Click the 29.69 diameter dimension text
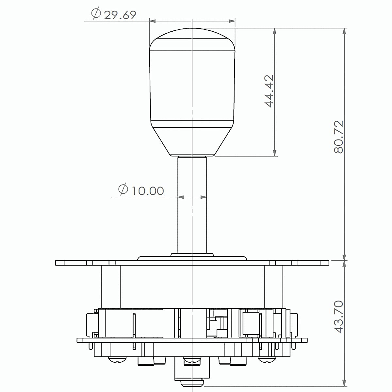[x=120, y=15]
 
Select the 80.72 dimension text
[x=339, y=137]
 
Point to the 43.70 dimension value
[x=339, y=317]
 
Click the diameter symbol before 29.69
[x=96, y=14]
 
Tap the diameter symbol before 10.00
[x=123, y=189]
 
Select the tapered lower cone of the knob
[x=192, y=140]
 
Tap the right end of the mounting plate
[x=325, y=263]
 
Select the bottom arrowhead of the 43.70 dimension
[x=344, y=383]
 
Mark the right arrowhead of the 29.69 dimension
[x=232, y=21]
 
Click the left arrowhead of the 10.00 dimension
[x=181, y=197]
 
